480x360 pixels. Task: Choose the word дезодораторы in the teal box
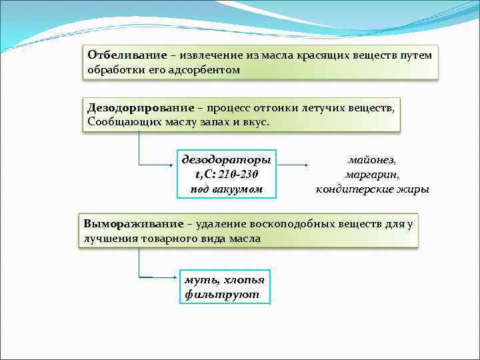click(227, 160)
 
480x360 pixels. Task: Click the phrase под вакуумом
click(226, 189)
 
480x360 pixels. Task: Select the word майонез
click(372, 160)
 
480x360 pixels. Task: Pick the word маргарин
click(372, 175)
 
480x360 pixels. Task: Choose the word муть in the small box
click(198, 280)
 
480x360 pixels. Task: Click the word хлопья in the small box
click(242, 280)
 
